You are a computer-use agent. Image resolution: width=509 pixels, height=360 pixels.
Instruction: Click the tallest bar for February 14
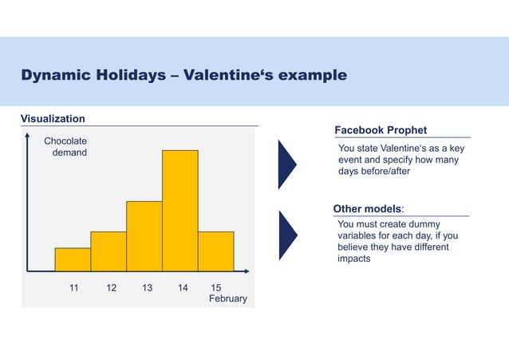pos(180,211)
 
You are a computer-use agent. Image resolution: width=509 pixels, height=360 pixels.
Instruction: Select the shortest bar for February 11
pos(73,259)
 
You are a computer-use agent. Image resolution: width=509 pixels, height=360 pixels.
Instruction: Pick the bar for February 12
pos(109,251)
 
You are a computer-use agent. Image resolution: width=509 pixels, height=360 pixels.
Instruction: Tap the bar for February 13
pos(144,236)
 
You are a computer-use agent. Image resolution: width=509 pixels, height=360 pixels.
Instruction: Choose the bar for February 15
pos(216,251)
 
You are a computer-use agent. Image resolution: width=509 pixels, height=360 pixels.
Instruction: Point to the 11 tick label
pos(73,287)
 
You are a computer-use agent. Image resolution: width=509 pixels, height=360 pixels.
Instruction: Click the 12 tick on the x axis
pos(111,287)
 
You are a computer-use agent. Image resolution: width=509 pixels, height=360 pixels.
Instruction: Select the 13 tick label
pos(147,287)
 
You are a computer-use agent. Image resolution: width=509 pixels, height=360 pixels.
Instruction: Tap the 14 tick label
pos(183,287)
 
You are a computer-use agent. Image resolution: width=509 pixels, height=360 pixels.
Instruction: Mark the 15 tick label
pos(215,287)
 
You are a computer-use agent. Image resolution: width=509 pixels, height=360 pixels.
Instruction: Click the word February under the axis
pos(228,299)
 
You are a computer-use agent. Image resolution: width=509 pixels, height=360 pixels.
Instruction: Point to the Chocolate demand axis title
pos(65,147)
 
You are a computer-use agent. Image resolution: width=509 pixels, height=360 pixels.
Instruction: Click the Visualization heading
pos(53,119)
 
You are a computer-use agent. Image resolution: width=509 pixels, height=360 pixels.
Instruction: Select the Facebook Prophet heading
pos(381,130)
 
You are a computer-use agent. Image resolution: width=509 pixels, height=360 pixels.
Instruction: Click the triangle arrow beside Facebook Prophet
pos(286,164)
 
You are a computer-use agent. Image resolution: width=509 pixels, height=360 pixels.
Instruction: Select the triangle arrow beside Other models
pos(286,235)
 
